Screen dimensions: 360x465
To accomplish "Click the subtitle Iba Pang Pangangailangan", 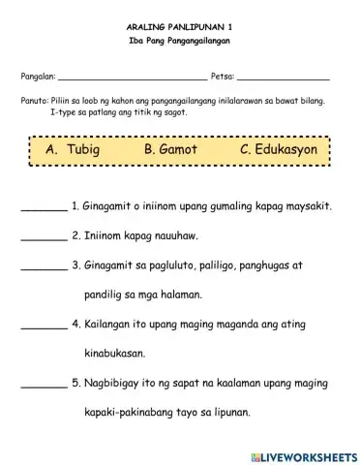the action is [179, 47].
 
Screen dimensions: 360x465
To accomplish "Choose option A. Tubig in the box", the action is [73, 151].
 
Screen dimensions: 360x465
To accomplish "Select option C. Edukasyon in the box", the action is [275, 151].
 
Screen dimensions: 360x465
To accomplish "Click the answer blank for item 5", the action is [43, 383].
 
